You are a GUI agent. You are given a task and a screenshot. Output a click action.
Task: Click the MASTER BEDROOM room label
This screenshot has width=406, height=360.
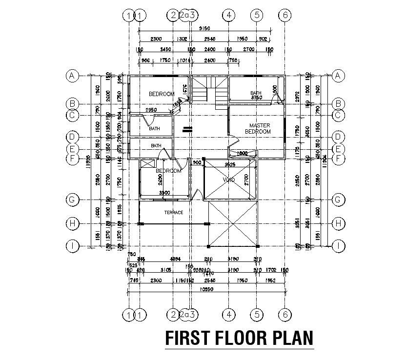click(x=257, y=128)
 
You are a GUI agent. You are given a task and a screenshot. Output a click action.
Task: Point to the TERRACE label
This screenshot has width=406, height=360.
click(x=173, y=213)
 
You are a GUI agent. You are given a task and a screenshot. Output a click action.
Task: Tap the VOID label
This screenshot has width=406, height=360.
click(x=229, y=180)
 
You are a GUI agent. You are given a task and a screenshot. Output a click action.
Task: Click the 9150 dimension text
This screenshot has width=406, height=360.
click(x=205, y=30)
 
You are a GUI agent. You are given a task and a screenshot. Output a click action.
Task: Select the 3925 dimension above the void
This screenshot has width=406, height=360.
click(x=229, y=165)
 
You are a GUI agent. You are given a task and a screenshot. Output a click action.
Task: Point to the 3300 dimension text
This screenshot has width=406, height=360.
click(x=164, y=193)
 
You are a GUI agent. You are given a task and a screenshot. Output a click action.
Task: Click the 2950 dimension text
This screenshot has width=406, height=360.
click(x=151, y=110)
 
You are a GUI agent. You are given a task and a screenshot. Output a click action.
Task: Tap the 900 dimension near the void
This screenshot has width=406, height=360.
click(x=197, y=163)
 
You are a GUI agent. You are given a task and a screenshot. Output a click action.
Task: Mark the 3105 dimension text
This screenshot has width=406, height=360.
click(x=164, y=270)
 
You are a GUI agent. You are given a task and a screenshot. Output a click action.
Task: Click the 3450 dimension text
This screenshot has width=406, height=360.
click(x=165, y=50)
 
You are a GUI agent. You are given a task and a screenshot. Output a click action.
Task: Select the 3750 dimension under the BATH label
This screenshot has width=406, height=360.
click(x=257, y=98)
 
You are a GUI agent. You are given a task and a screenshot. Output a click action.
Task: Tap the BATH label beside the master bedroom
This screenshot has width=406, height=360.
click(x=256, y=93)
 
